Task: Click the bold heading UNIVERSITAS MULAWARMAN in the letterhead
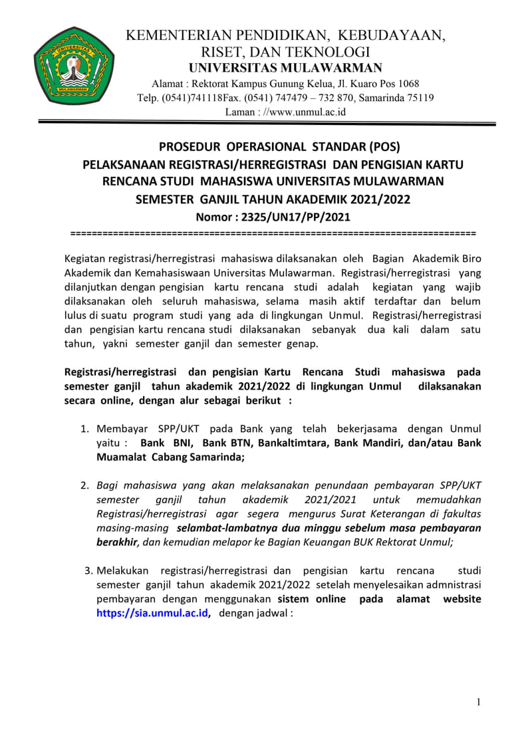click(x=285, y=68)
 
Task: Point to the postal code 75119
click(x=420, y=98)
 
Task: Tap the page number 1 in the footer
click(x=478, y=701)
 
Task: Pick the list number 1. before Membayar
click(x=85, y=429)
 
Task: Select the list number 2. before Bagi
click(x=85, y=485)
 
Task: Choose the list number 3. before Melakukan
click(x=87, y=571)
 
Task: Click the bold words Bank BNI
click(x=166, y=443)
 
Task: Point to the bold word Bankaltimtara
click(x=288, y=443)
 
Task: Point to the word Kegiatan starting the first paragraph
click(x=86, y=258)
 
